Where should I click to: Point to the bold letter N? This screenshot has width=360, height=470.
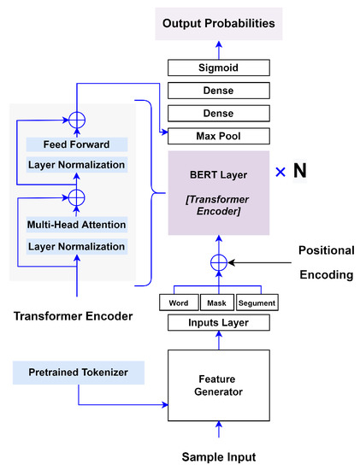click(x=299, y=170)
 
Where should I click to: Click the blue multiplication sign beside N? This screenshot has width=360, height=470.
click(x=280, y=171)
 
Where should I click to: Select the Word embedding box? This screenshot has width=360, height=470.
click(x=180, y=303)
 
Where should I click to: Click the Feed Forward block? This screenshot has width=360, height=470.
click(x=77, y=145)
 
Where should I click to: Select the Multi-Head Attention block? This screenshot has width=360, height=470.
click(x=77, y=226)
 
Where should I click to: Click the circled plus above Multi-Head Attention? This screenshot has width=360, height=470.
click(x=77, y=197)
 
